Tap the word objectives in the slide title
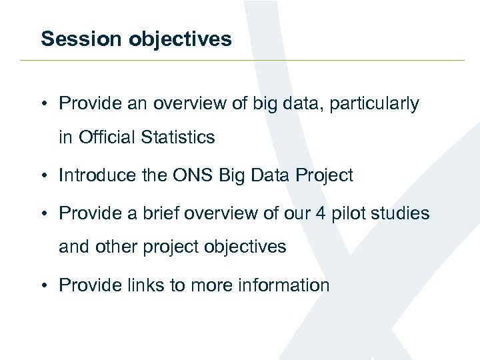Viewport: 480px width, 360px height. click(x=180, y=39)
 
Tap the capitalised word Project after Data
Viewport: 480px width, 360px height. click(x=321, y=175)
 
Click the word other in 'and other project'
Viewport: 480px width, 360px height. click(x=113, y=247)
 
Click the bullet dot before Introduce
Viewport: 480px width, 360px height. click(x=43, y=176)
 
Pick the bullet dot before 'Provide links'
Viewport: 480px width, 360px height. click(x=43, y=286)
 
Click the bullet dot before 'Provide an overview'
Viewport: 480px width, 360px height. click(x=43, y=105)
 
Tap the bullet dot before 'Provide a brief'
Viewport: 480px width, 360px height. click(x=43, y=214)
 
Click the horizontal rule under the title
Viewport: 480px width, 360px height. click(x=240, y=61)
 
